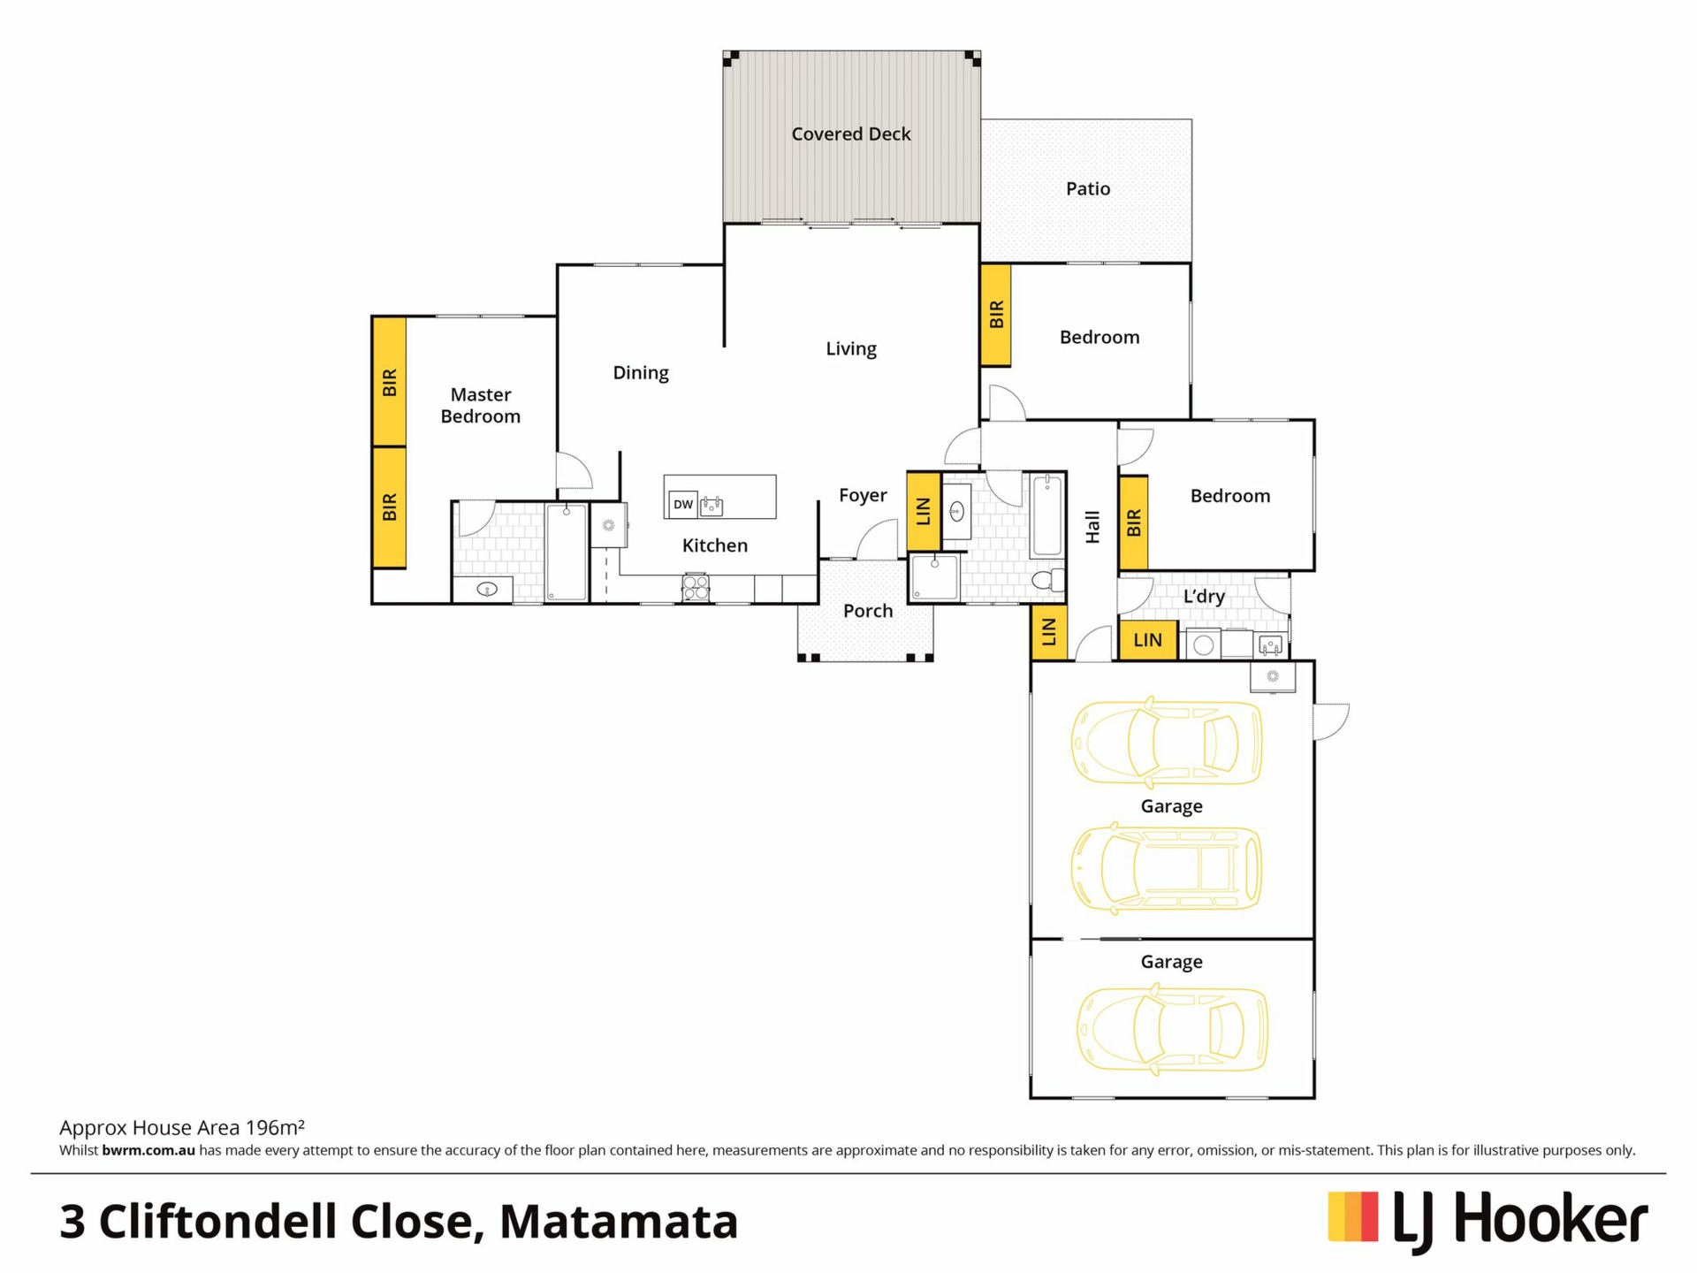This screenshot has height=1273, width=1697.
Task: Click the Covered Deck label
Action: click(850, 133)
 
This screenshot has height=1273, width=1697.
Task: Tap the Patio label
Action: click(1087, 188)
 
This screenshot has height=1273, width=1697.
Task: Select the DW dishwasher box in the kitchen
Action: click(682, 504)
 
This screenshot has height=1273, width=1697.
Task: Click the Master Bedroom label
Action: click(480, 405)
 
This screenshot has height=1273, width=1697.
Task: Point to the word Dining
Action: click(641, 373)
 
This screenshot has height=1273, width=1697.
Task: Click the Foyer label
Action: click(863, 495)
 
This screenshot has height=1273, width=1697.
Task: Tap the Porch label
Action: click(867, 610)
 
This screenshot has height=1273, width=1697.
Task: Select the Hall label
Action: click(1092, 527)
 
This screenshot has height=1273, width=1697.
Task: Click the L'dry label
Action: click(1204, 596)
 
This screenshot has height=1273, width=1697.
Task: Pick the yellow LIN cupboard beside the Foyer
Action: click(923, 511)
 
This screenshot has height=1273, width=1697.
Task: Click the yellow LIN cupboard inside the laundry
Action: click(1147, 639)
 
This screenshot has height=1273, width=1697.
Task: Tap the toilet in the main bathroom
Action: click(1049, 580)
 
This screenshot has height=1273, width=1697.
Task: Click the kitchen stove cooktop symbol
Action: click(696, 587)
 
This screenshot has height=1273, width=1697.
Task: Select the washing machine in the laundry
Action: click(1203, 644)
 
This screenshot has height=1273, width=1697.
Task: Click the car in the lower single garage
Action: click(1172, 1030)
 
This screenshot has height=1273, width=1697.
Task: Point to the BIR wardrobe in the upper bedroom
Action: click(996, 314)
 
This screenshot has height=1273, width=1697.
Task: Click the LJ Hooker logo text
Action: click(1520, 1221)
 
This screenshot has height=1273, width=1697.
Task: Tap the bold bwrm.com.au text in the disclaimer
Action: click(148, 1150)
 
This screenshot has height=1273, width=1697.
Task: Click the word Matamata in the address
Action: click(619, 1221)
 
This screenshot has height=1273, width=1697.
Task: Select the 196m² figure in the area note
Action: click(275, 1127)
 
